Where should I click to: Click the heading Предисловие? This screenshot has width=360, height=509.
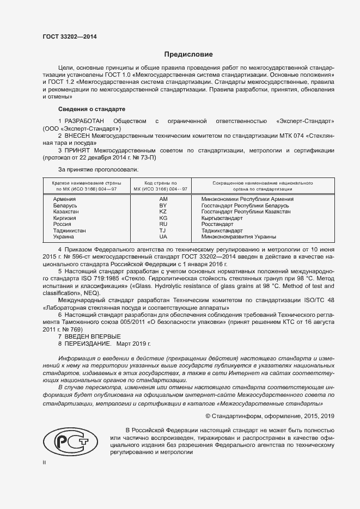coord(189,54)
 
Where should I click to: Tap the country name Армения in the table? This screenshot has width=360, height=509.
coord(64,199)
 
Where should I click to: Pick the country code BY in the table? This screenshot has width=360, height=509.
coord(162,205)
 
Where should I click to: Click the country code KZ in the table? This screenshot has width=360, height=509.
coord(162,212)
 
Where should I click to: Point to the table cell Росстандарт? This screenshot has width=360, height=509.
coord(217,224)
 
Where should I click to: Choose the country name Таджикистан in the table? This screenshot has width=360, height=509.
coord(69,231)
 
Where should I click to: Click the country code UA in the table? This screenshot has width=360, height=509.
coord(162,237)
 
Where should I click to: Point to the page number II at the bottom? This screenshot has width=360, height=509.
coord(45,462)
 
